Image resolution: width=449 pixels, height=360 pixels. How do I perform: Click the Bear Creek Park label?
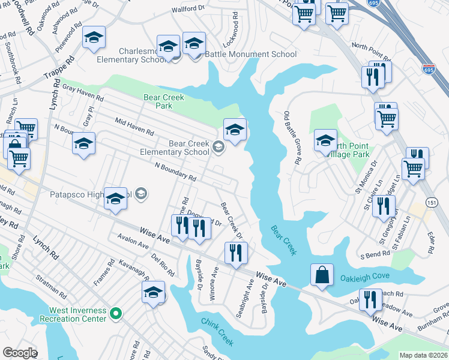tap(163, 101)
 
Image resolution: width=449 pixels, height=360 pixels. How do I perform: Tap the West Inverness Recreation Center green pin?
tap(117, 313)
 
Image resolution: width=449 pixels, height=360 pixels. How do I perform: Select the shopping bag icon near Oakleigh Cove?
tap(322, 275)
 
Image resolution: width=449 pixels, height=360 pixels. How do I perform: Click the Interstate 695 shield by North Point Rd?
tap(428, 70)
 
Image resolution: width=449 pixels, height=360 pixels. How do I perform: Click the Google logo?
tap(20, 353)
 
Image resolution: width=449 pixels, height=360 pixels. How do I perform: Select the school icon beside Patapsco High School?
tap(115, 200)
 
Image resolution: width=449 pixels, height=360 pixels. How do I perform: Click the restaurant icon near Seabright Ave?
tap(235, 253)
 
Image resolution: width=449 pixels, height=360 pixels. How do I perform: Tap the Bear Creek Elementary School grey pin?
tap(218, 146)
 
